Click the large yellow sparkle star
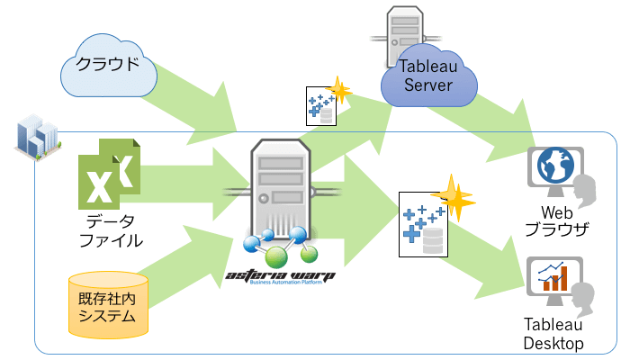453,199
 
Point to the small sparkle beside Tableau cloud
340,91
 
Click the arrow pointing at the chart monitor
490,256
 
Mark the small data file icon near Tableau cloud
320,107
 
